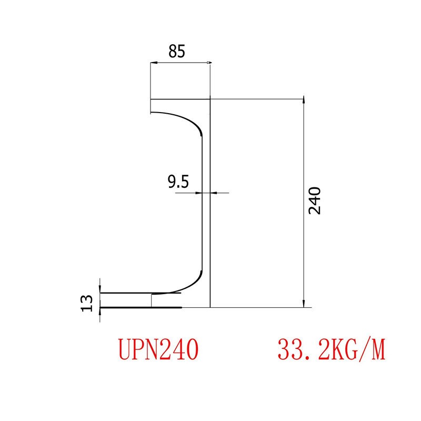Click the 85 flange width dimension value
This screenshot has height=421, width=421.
177,52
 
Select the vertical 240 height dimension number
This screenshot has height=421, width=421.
315,200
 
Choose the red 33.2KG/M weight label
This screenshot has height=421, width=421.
330,349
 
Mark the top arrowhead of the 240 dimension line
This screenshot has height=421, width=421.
303,102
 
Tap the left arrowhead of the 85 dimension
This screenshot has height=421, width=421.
154,64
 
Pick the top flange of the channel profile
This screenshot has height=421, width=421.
179,106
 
